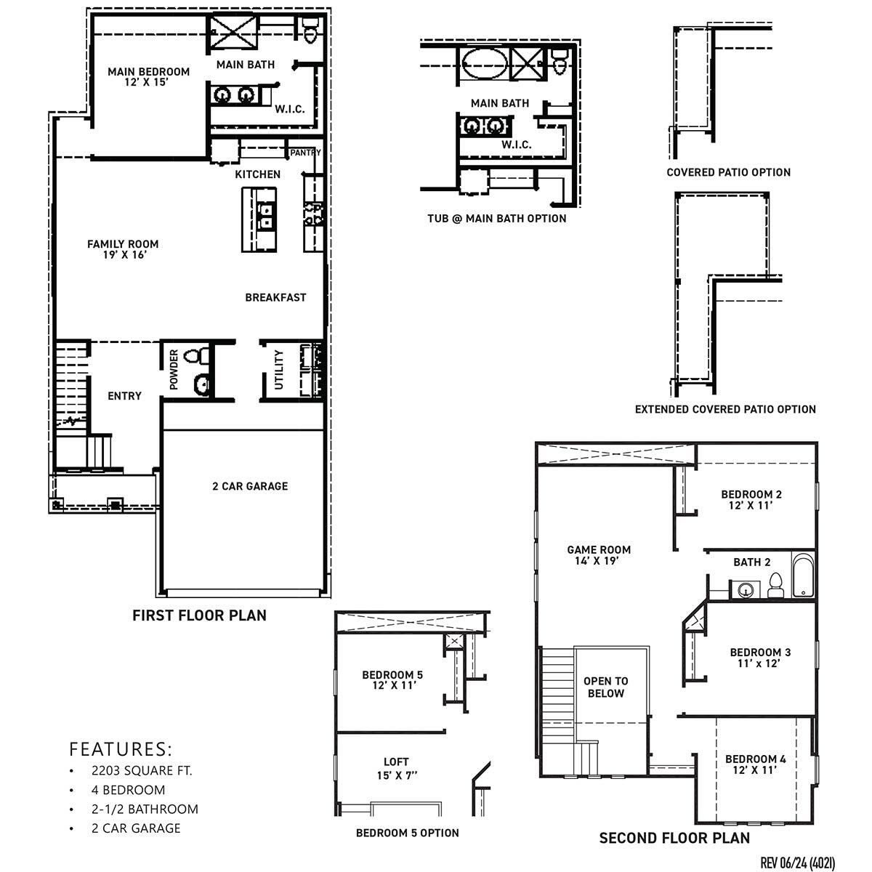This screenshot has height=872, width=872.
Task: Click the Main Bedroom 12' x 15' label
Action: [x=148, y=77]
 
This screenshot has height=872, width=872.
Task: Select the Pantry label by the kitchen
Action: [x=304, y=153]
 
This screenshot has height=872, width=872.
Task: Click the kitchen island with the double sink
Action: [x=260, y=219]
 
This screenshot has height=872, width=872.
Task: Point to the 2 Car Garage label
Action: [x=250, y=486]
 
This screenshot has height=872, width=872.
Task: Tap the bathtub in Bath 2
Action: [x=803, y=578]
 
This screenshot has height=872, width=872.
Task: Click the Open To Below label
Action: [x=605, y=687]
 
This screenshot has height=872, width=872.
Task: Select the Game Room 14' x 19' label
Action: [x=599, y=555]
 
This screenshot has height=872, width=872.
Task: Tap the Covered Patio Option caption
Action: [x=728, y=172]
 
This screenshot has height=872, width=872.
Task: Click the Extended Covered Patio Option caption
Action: [x=725, y=409]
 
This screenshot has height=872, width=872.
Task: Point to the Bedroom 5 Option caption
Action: [x=407, y=833]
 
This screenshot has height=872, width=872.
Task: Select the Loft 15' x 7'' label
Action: [x=396, y=768]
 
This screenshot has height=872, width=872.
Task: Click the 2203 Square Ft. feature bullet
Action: [x=142, y=771]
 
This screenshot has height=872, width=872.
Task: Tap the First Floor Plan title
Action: [x=199, y=615]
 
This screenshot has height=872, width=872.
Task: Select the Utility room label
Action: [x=279, y=369]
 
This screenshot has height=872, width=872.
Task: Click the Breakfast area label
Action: [x=275, y=297]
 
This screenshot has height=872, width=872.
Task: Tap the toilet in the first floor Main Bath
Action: [x=310, y=31]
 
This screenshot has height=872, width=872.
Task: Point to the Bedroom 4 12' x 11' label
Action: [x=756, y=765]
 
